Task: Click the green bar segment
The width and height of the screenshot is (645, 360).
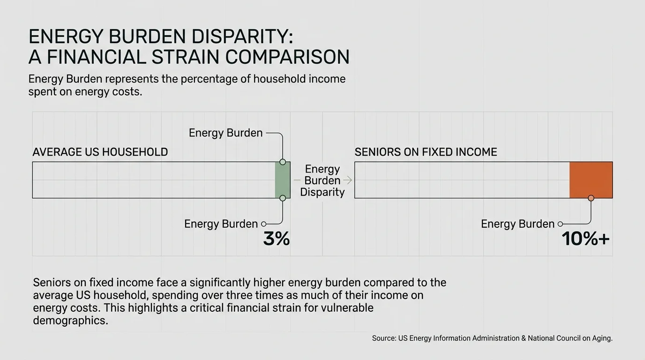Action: point(282,180)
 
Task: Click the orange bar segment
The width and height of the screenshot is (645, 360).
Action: point(591,180)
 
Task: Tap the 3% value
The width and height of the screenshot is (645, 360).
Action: point(277,239)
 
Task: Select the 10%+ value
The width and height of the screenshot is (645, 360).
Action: point(585,239)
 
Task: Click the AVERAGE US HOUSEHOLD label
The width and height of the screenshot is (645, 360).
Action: point(100,152)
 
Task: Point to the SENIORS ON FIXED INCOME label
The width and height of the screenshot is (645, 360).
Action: point(426,152)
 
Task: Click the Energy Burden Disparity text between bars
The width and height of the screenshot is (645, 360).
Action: point(322,180)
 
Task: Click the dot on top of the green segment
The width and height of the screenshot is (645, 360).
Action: point(282,162)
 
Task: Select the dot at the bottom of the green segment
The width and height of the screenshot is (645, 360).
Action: point(282,198)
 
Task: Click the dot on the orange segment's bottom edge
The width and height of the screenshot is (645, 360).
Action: point(591,198)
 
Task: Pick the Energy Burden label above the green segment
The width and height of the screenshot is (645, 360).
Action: point(225,133)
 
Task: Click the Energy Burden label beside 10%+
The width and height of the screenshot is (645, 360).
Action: point(517,224)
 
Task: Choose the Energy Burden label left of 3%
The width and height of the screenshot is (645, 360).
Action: point(221,224)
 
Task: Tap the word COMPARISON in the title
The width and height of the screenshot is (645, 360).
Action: point(287,57)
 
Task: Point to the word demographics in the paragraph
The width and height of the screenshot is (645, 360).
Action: point(70,321)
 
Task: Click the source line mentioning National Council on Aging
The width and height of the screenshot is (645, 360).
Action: point(492,338)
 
